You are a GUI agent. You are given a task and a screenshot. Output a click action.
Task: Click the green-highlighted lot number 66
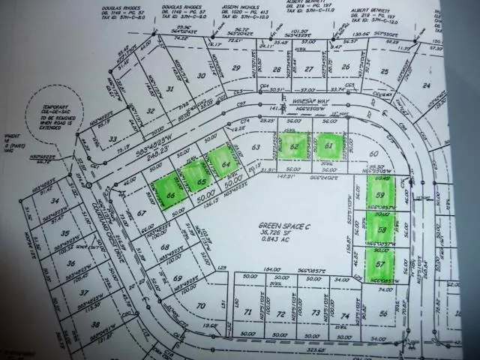172,194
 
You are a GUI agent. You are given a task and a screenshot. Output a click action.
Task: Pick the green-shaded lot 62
293,146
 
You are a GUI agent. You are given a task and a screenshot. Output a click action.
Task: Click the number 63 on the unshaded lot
256,147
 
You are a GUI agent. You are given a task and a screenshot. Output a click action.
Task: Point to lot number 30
200,76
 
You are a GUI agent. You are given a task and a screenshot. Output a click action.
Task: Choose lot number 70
199,306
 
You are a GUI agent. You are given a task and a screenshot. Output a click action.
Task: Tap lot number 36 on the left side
70,263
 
